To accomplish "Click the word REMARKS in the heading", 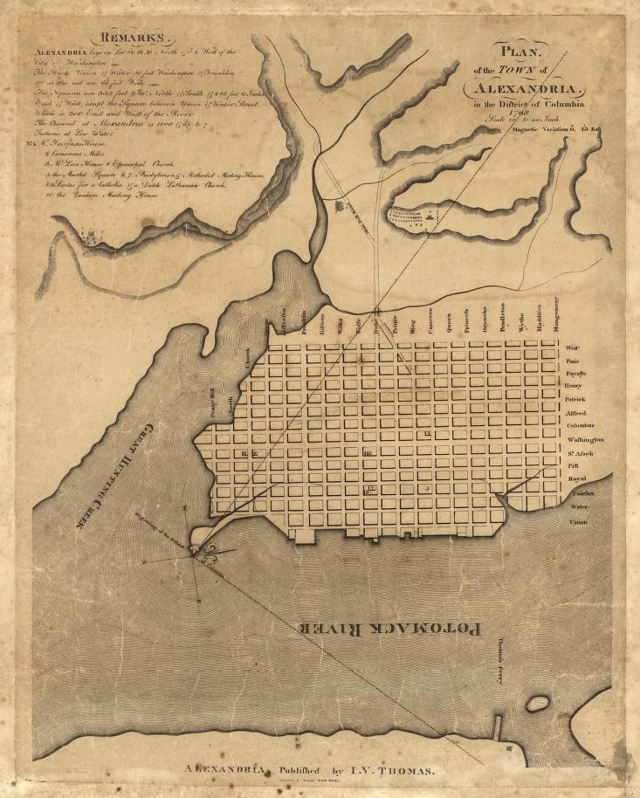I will click(137, 38).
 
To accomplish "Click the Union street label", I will click(577, 521).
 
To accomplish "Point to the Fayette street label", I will click(575, 373).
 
